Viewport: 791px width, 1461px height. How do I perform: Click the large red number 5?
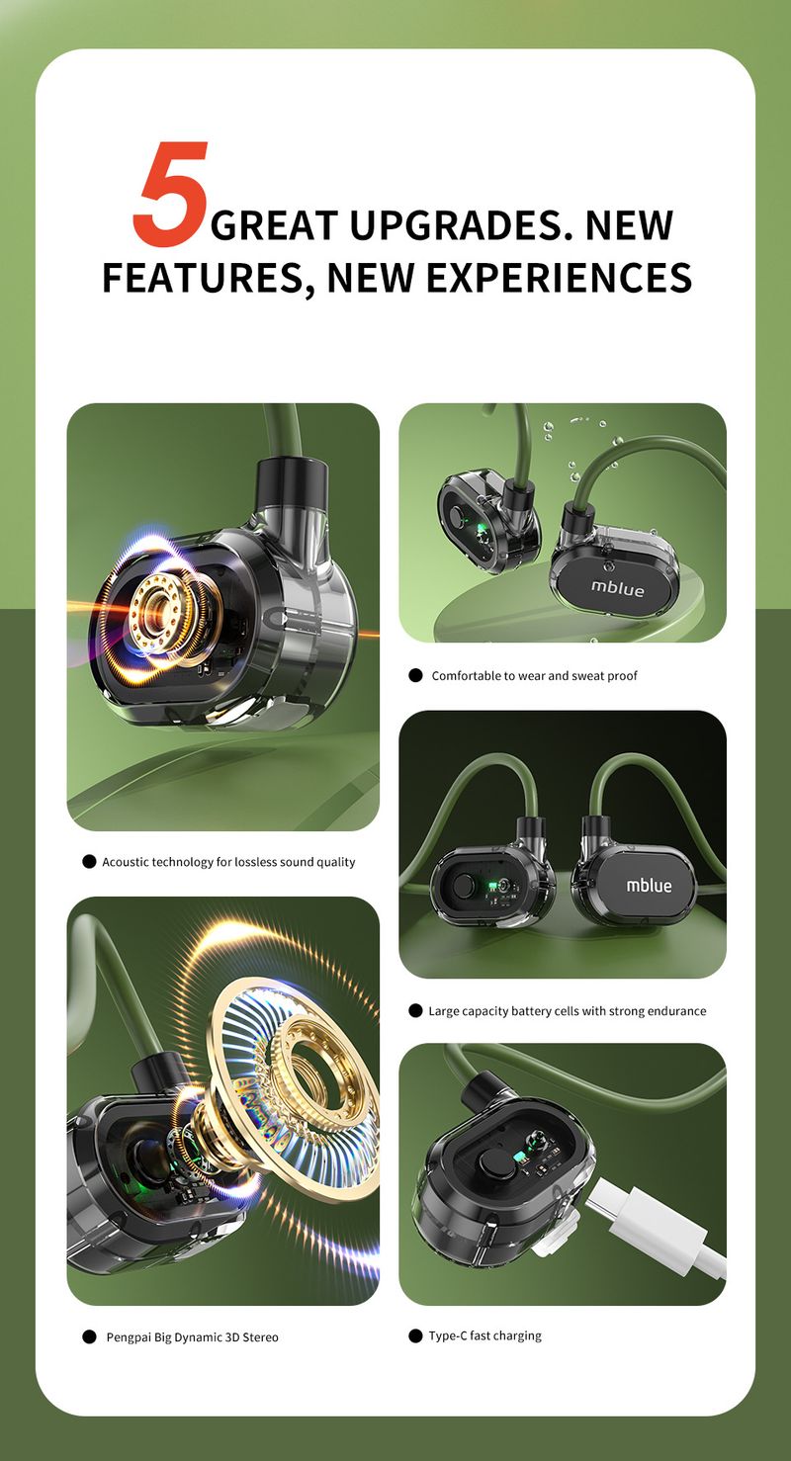[171, 194]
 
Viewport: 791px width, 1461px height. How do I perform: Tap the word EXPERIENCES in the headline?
[560, 278]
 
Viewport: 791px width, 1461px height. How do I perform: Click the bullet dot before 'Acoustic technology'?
[89, 862]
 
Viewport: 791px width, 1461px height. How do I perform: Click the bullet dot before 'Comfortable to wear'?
[415, 676]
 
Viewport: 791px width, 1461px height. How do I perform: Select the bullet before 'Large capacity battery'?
[415, 1010]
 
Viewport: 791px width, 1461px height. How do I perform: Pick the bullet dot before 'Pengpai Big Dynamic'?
[89, 1336]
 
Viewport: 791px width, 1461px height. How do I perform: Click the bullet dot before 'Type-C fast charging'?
[415, 1335]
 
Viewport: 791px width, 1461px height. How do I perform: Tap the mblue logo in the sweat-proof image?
[617, 588]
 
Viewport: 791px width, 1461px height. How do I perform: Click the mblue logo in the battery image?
[649, 885]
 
